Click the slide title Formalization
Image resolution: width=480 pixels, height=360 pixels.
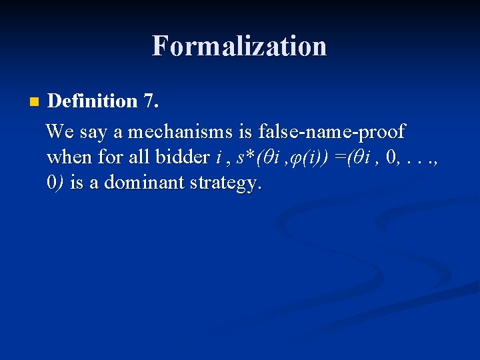pos(239,46)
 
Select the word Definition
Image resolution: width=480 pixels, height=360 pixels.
pos(93,101)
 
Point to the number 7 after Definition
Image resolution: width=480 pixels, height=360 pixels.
pos(149,101)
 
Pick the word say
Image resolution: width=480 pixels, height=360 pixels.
pos(95,132)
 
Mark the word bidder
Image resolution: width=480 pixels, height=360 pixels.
pos(181,157)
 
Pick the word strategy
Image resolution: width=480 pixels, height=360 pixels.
pos(224,184)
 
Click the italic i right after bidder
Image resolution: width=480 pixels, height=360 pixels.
pos(218,157)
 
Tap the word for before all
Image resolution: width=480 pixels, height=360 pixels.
pos(111,157)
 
